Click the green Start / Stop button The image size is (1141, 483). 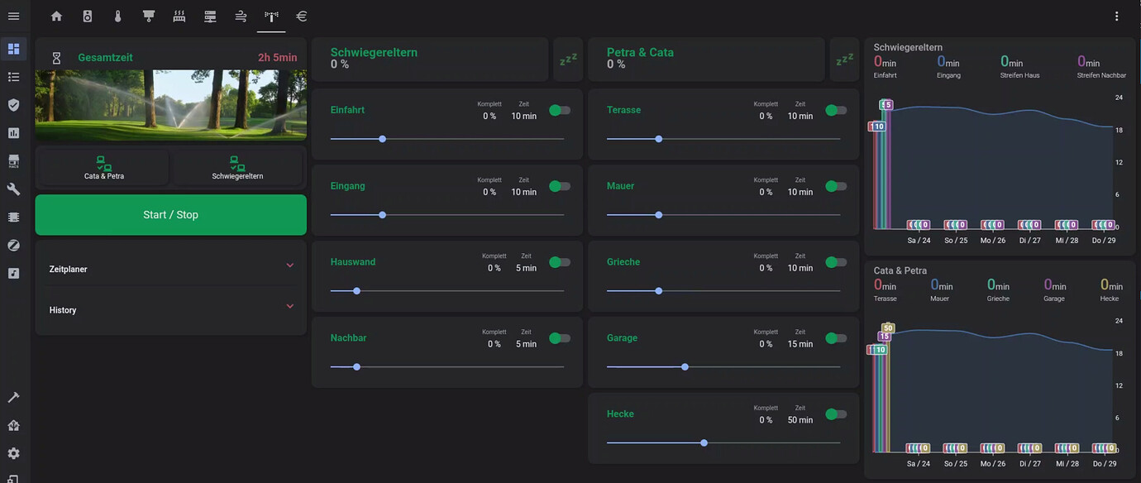click(x=170, y=215)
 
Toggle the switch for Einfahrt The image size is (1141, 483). click(x=560, y=110)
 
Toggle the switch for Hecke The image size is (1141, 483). click(x=836, y=414)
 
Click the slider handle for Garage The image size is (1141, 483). click(x=685, y=366)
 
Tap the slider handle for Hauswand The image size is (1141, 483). click(x=356, y=291)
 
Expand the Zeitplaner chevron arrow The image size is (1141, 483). click(x=289, y=265)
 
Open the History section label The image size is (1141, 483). click(x=63, y=310)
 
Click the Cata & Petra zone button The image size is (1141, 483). click(x=103, y=168)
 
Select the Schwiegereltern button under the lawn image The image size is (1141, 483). click(x=237, y=168)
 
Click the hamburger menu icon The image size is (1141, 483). click(x=13, y=17)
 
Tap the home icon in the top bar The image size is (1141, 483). click(x=56, y=17)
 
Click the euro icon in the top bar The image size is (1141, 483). click(x=302, y=17)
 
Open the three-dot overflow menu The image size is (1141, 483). click(x=1117, y=17)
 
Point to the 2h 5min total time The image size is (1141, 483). click(x=277, y=58)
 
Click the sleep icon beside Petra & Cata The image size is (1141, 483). click(x=844, y=60)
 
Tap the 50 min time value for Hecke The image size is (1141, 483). click(x=800, y=420)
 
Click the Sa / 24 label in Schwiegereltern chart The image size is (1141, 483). click(x=919, y=241)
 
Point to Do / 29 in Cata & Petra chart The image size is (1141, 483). click(x=1104, y=464)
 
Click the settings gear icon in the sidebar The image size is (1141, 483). click(x=13, y=453)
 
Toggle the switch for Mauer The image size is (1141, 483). click(x=836, y=186)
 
